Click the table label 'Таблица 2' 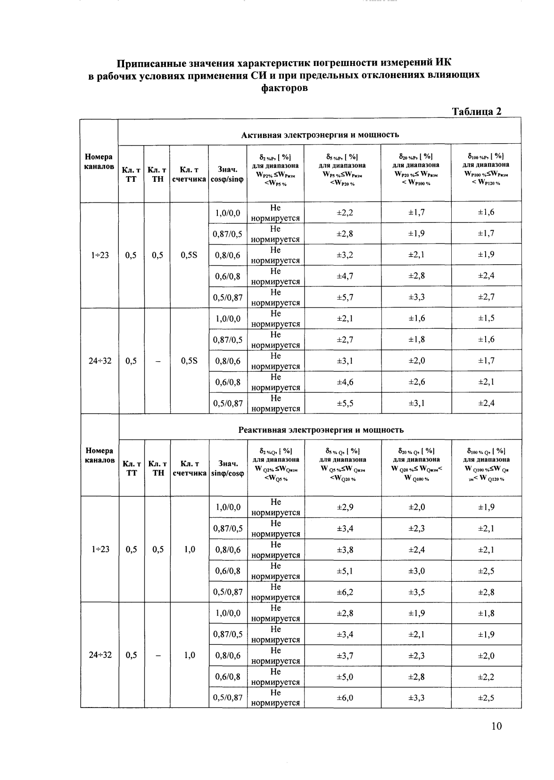(x=476, y=112)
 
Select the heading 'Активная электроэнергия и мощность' (x=320, y=135)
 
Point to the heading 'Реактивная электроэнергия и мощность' (x=321, y=430)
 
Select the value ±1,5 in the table (x=486, y=318)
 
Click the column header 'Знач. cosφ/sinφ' (x=228, y=174)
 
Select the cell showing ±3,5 (x=416, y=592)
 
